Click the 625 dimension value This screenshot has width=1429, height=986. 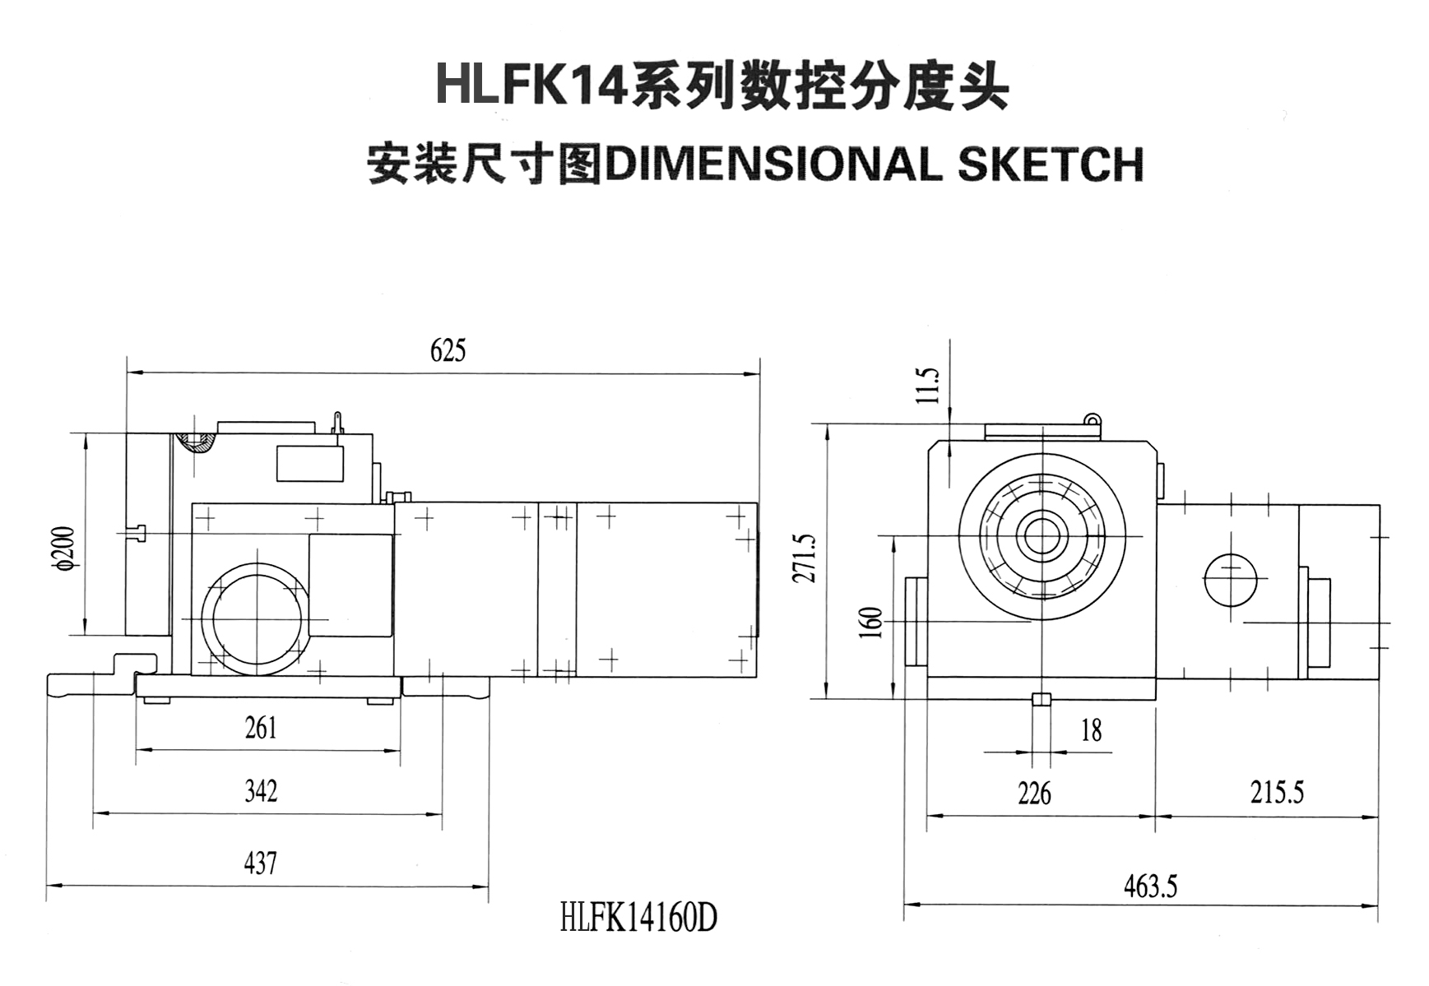pos(448,351)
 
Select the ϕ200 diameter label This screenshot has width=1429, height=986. pos(64,549)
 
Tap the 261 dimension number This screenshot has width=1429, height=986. pos(261,729)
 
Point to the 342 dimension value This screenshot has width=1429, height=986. pos(261,791)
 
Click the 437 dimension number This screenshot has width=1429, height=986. pos(260,863)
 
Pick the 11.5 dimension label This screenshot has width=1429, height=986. pos(928,385)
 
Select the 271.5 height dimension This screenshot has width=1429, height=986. pos(805,558)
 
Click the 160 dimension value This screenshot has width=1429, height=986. pos(874,623)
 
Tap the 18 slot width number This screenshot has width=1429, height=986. pos(1091,730)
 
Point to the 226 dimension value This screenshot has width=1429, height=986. pos(1034,794)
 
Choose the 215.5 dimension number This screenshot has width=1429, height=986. pos(1277,793)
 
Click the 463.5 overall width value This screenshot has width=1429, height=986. pos(1150,886)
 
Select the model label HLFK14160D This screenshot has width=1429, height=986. pos(638,918)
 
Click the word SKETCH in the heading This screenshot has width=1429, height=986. pos(1051,164)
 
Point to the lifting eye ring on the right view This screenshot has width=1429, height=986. pos(1093,419)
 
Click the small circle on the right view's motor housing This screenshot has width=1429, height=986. pos(1230,579)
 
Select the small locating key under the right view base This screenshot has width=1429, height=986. pos(1041,700)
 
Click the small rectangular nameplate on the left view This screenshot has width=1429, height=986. pos(309,463)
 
